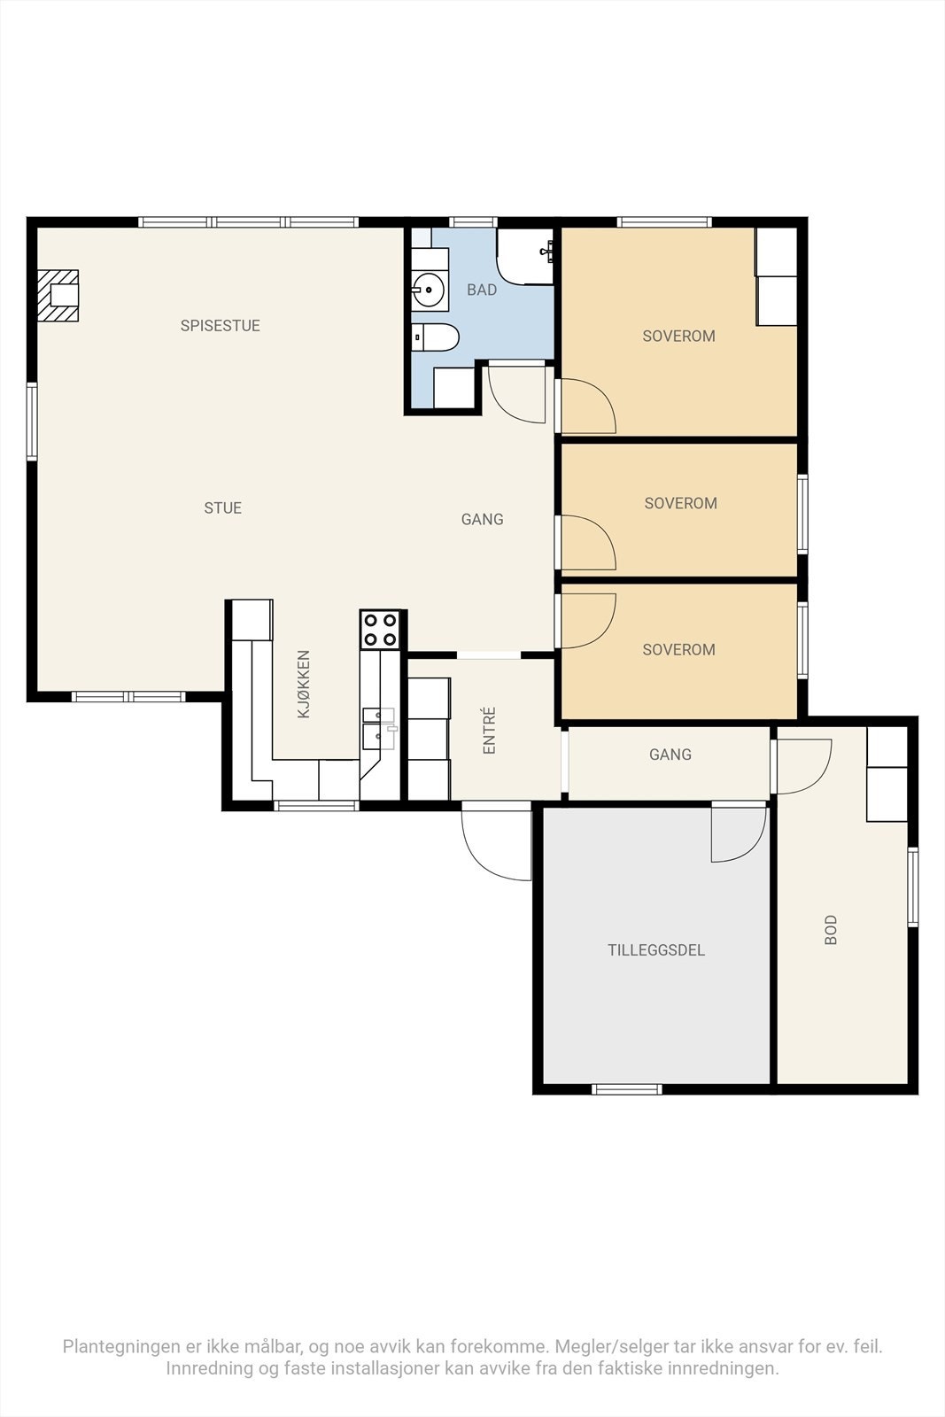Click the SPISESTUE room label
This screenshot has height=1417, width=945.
click(221, 326)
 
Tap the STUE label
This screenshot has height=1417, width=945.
click(222, 508)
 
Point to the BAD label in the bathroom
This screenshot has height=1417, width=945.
click(482, 290)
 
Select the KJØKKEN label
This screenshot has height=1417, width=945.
click(305, 685)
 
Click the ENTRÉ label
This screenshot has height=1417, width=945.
click(490, 731)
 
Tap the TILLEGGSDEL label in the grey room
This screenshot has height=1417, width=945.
click(656, 950)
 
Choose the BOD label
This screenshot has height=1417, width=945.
click(831, 930)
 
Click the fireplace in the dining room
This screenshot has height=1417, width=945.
click(58, 296)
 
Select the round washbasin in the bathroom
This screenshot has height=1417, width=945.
click(429, 290)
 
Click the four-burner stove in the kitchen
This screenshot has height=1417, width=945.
click(380, 630)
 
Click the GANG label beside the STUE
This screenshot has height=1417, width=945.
click(483, 519)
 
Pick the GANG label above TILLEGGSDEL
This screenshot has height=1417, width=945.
click(670, 755)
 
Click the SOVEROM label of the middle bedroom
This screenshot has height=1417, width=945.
click(680, 504)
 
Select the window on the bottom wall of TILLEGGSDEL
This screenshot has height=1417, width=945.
click(627, 1089)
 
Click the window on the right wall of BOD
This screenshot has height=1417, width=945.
click(913, 887)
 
